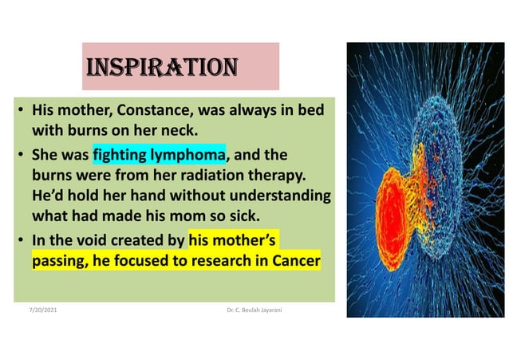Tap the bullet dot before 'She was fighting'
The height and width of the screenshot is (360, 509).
click(x=22, y=153)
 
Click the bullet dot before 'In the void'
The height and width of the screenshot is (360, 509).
click(x=22, y=239)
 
